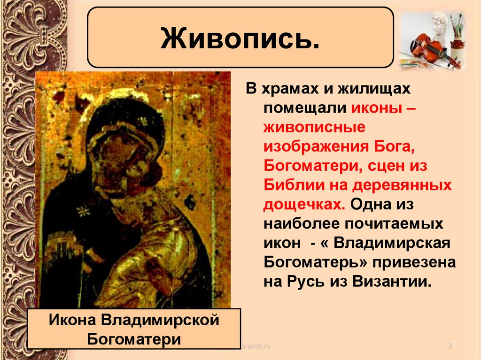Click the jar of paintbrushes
point(457,36)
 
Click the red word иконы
point(375,108)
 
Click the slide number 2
point(450,346)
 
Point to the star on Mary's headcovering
point(140,122)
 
